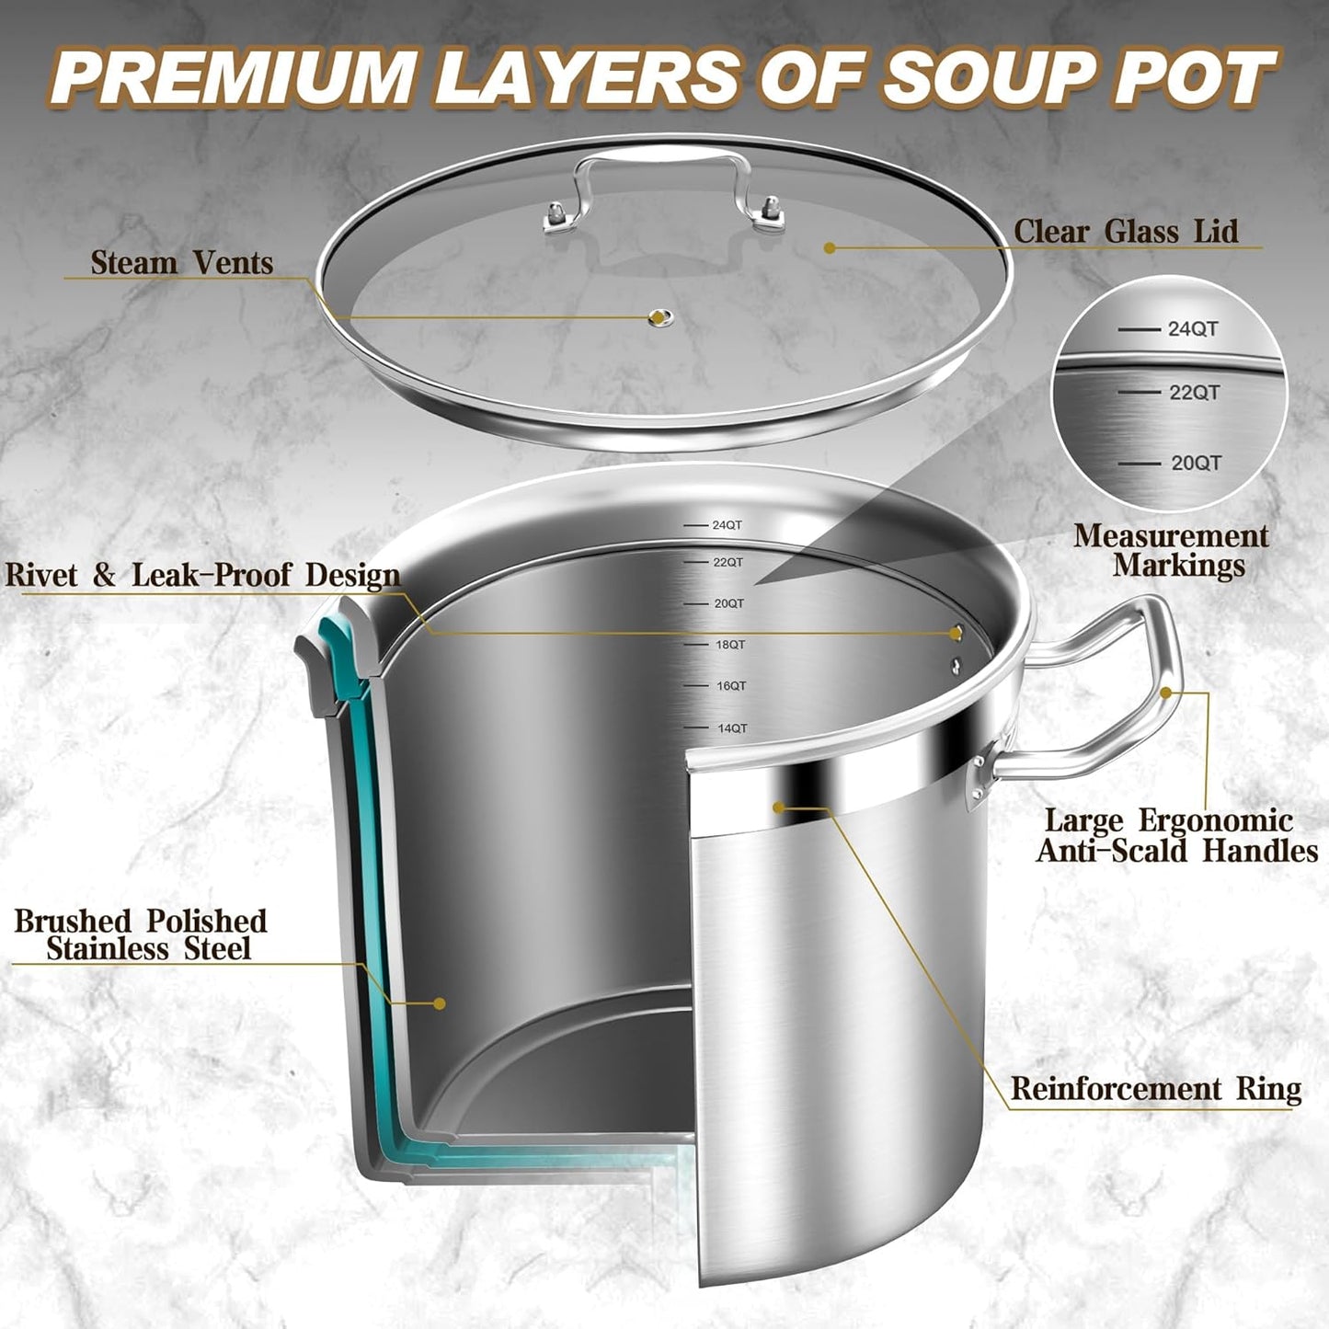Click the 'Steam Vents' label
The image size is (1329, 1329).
pos(181,263)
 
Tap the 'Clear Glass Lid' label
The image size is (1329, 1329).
pos(1126,231)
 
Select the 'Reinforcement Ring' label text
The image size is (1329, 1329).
pos(1155,1088)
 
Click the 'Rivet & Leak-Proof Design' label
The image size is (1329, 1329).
pos(202,575)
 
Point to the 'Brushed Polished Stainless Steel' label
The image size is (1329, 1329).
pos(141,934)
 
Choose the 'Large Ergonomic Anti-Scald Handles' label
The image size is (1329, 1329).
pos(1176,835)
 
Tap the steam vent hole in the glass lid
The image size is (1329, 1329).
pos(658,317)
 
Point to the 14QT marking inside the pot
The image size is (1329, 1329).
pos(731,728)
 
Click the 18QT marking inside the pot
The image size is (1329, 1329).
pos(729,645)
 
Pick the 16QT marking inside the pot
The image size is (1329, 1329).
pos(730,686)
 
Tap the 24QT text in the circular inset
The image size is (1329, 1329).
pos(1192,329)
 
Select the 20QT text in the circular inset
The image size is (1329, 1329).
pos(1196,464)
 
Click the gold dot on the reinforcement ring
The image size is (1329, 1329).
pos(779,808)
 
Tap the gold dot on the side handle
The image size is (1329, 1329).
pos(1166,692)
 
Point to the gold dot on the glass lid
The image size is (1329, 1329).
pos(830,247)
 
